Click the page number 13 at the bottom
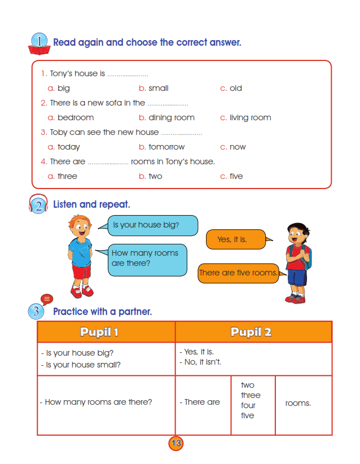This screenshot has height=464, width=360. click(x=176, y=443)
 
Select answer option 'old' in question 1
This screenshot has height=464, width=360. click(x=235, y=88)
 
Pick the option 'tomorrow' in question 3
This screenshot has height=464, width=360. click(x=166, y=147)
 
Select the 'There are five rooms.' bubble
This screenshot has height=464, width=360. click(x=238, y=273)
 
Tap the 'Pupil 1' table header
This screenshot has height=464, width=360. click(x=106, y=332)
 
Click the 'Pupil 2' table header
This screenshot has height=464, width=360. click(x=252, y=332)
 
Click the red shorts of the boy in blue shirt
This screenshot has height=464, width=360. click(x=81, y=272)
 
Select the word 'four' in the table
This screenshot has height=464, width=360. click(x=248, y=405)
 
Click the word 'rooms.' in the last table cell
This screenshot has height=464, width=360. click(x=298, y=403)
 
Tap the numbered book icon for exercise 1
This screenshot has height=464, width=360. click(x=39, y=44)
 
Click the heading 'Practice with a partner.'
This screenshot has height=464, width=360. click(x=102, y=312)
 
